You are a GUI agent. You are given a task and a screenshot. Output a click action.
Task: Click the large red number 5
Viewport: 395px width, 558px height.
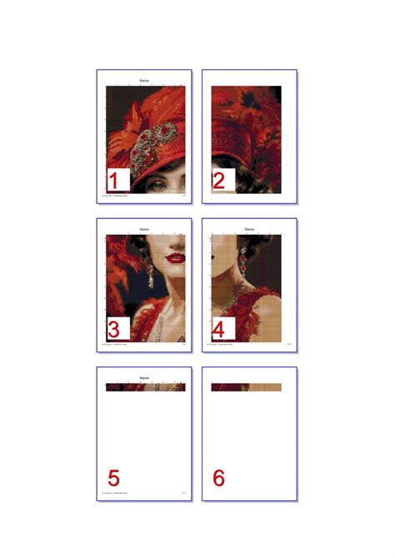point(114,478)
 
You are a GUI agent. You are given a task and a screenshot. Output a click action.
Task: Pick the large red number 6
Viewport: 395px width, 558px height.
point(219,478)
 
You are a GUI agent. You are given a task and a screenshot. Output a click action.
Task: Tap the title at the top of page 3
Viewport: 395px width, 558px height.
point(144,229)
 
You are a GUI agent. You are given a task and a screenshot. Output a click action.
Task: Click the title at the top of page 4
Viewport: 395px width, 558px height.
point(249,229)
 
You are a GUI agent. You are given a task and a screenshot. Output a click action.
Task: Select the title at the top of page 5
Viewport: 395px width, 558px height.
point(144,378)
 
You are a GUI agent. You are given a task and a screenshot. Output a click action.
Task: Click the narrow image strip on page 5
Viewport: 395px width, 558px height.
point(144,387)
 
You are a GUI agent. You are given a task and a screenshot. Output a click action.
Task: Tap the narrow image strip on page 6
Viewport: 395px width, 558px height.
point(246,387)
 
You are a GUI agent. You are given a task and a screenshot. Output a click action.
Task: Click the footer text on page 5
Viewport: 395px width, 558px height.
point(113,494)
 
